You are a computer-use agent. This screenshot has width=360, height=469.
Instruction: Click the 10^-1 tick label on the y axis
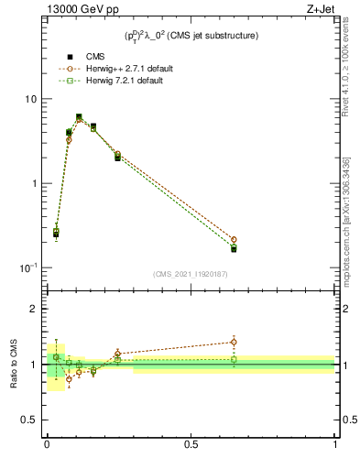pyautogui.click(x=30, y=267)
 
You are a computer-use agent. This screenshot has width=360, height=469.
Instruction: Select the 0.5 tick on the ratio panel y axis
pyautogui.click(x=31, y=420)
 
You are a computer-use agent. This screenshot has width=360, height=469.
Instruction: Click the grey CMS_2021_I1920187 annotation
pyautogui.click(x=191, y=274)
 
